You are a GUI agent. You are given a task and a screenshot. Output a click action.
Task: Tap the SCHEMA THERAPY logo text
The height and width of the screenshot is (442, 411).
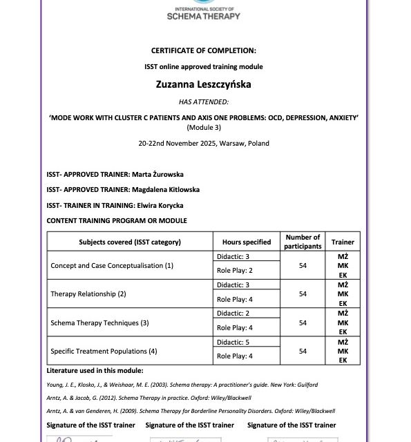[x=204, y=15]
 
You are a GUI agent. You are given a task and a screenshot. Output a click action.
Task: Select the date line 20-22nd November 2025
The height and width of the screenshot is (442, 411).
[x=204, y=143]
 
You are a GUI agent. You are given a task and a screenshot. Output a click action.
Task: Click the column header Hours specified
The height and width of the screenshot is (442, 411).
[x=247, y=242]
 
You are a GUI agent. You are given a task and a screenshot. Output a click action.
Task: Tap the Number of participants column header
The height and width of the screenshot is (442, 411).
[x=303, y=242]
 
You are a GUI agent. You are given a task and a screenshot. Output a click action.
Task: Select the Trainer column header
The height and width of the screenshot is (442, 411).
[x=343, y=242]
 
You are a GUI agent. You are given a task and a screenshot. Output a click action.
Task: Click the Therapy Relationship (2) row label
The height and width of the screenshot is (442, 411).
[x=88, y=294]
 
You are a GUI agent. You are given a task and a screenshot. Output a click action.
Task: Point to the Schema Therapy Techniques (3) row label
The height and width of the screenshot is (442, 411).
[x=99, y=323]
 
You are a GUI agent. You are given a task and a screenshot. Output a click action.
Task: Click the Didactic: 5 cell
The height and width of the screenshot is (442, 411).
[x=233, y=342]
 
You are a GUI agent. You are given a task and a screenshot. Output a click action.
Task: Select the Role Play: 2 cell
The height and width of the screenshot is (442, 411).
[x=235, y=271]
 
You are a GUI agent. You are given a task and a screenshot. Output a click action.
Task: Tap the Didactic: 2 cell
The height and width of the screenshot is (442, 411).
[x=233, y=314]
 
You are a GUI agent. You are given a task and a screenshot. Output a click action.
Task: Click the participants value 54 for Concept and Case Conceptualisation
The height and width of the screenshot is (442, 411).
[x=303, y=265]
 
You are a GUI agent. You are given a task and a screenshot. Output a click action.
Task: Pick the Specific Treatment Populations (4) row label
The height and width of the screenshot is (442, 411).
[x=104, y=351]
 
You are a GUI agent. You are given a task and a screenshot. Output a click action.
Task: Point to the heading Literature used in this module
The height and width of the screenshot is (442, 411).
[x=95, y=370]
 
